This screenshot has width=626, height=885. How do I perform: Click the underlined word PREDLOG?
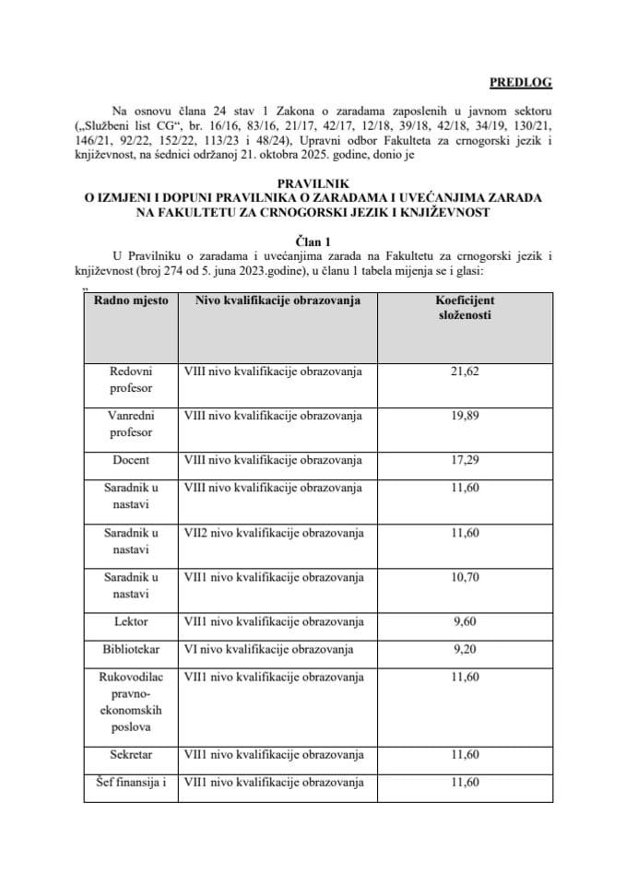tap(520, 82)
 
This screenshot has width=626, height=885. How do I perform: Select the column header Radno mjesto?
tap(131, 301)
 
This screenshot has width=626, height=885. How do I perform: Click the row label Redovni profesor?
tap(131, 380)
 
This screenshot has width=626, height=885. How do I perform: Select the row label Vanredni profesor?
tap(131, 424)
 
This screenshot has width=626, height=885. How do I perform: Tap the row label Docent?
tap(131, 459)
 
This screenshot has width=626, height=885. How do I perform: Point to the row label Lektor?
tap(131, 622)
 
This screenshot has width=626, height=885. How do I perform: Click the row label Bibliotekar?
tap(131, 650)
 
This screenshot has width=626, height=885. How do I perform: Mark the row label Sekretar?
tap(131, 755)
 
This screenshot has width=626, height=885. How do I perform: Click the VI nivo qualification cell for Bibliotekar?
tap(268, 650)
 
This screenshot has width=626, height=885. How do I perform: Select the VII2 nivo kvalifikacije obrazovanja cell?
tap(274, 533)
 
